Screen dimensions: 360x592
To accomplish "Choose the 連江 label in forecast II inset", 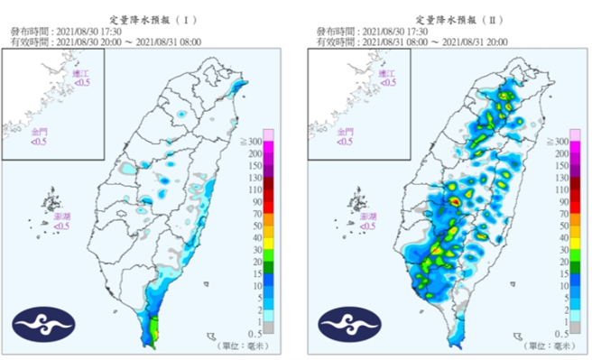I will (387, 76).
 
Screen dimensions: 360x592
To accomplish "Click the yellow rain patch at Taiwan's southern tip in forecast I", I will (154, 328).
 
